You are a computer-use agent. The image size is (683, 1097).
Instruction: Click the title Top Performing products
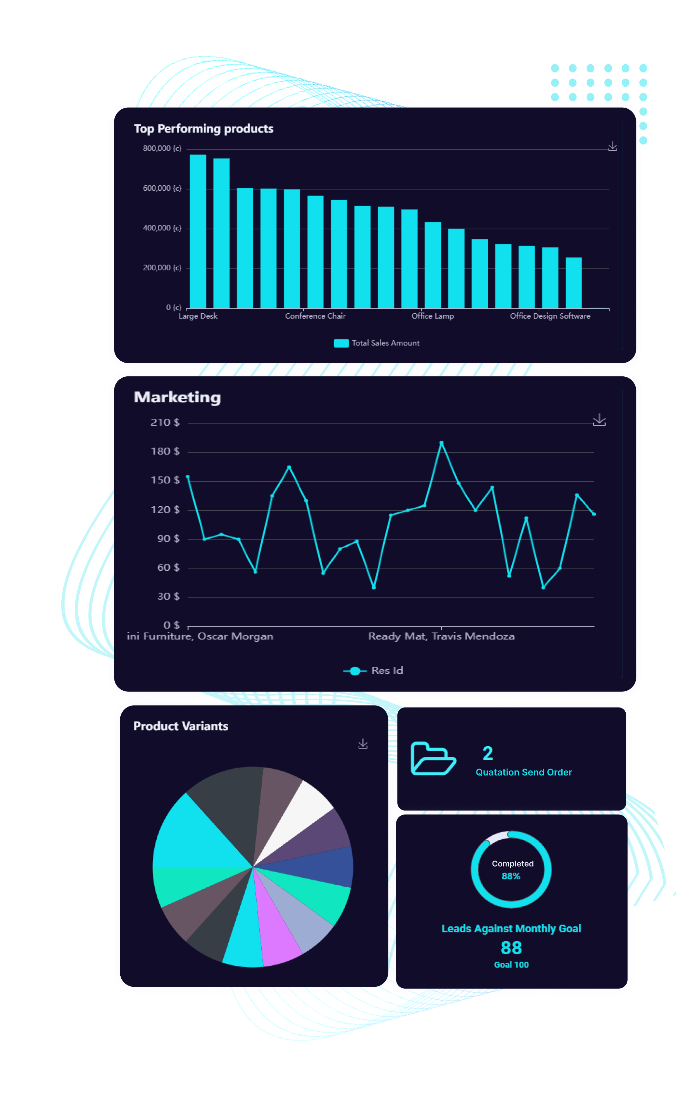[203, 129]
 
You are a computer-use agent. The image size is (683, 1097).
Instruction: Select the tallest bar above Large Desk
[198, 230]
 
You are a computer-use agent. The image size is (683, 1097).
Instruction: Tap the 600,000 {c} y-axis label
[162, 188]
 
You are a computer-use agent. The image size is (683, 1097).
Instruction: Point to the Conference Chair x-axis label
[315, 316]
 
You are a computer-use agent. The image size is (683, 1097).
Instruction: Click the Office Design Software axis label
[550, 316]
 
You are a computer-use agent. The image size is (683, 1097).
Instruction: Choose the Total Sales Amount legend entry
[377, 343]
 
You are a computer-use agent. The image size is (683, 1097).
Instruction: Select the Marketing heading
[177, 397]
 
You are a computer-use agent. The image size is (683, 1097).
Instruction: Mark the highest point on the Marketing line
[441, 443]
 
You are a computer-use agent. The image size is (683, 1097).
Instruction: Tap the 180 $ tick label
[165, 452]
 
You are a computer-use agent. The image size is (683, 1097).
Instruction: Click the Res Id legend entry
[373, 671]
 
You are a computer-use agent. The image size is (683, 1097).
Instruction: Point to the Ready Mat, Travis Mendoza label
[441, 636]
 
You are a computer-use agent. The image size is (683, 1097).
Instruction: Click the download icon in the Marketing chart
[599, 420]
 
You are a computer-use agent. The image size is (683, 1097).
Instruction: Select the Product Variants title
[181, 727]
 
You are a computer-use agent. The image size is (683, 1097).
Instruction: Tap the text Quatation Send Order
[524, 772]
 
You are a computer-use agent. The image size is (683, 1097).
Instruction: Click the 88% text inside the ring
[511, 876]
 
